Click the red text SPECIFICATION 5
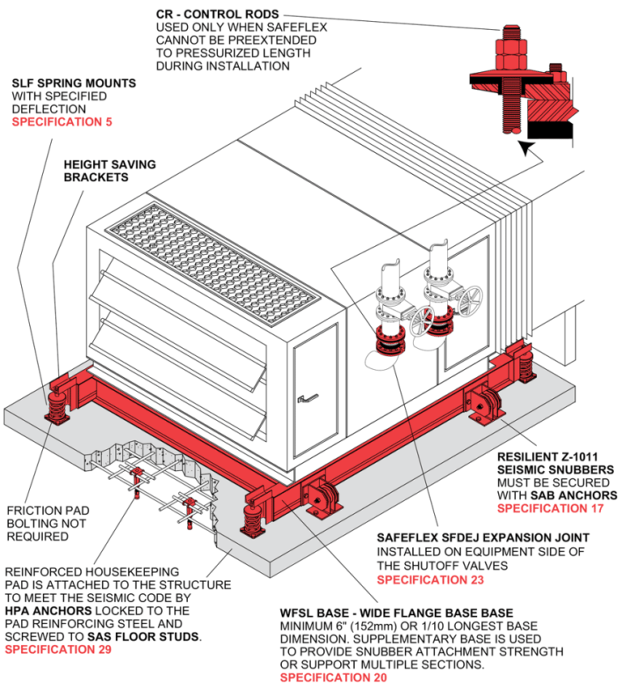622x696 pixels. pos(62,122)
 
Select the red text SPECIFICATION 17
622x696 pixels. pos(556,508)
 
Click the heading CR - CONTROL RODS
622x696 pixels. pos(218,15)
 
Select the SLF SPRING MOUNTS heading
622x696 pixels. pos(74,83)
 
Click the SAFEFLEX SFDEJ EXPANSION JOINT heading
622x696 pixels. pos(483,537)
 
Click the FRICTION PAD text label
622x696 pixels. pos(47,511)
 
